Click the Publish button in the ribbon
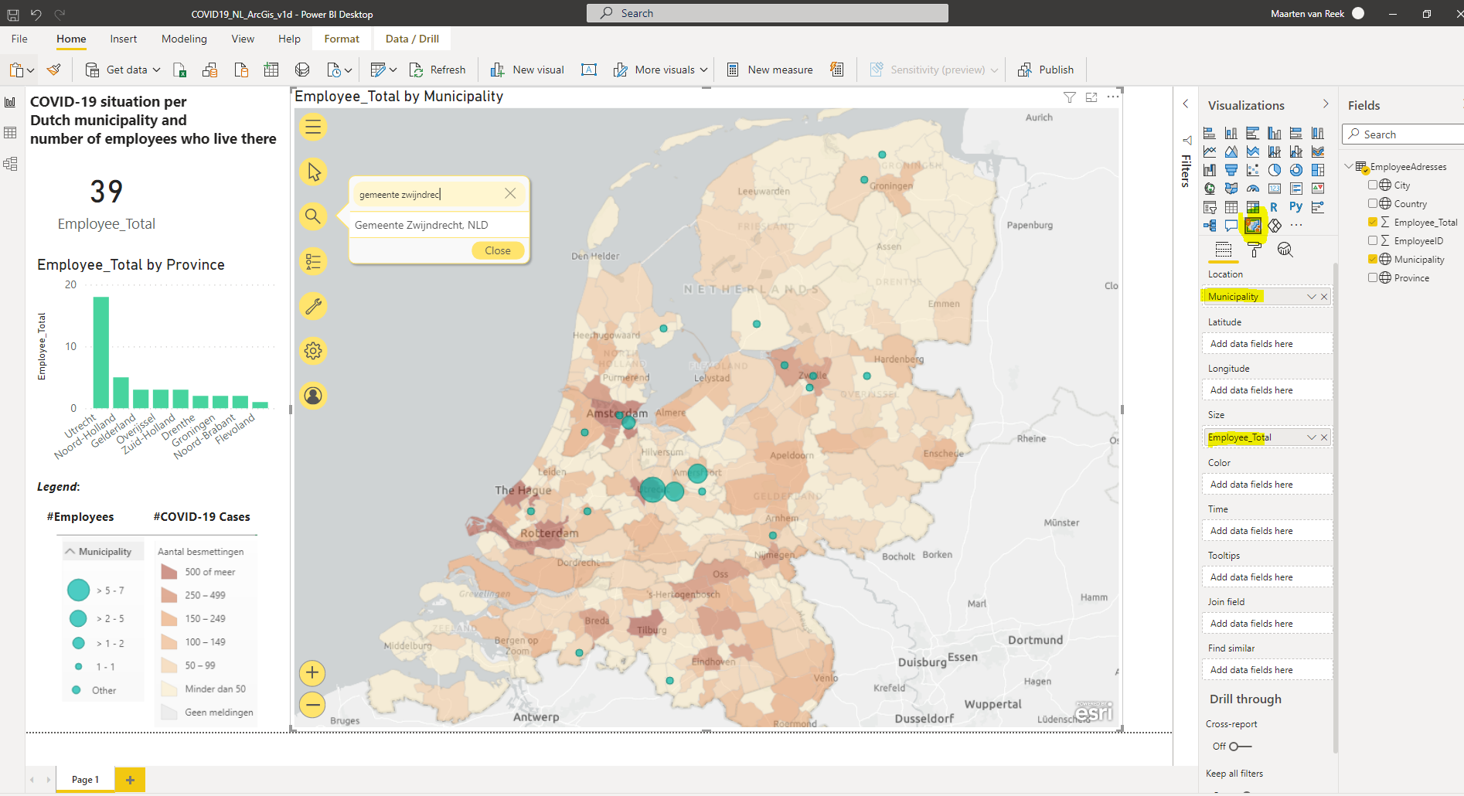(x=1046, y=70)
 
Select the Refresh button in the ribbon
(x=437, y=70)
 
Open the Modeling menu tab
(x=184, y=39)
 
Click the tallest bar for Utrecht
(x=100, y=352)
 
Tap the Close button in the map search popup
(x=497, y=250)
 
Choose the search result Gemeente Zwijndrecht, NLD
(x=421, y=225)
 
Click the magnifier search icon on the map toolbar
(x=313, y=216)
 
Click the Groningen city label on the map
(x=891, y=185)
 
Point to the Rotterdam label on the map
(x=549, y=533)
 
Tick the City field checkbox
(x=1373, y=185)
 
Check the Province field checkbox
(x=1373, y=277)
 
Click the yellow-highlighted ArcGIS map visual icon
(x=1253, y=226)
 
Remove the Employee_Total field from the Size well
(x=1324, y=437)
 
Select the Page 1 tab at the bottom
(x=85, y=780)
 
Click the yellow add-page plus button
(x=130, y=780)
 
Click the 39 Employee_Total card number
(x=107, y=192)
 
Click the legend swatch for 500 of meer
(x=169, y=572)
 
